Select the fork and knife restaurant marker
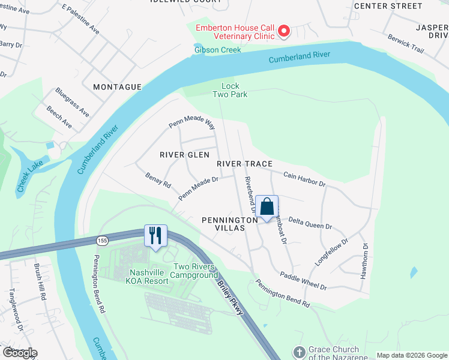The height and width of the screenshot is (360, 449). click(x=155, y=235)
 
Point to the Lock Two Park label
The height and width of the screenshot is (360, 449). click(x=226, y=90)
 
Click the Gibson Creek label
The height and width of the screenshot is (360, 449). click(x=217, y=50)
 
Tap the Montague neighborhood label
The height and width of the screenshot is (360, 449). click(x=118, y=87)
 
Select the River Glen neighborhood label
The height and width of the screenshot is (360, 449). click(x=184, y=155)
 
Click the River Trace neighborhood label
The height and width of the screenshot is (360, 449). click(x=245, y=164)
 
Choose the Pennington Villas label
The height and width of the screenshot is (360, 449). click(x=223, y=224)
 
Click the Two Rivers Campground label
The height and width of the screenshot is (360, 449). click(x=195, y=271)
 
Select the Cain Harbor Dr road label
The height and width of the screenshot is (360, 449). click(x=304, y=178)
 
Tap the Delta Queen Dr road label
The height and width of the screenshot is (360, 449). click(x=310, y=223)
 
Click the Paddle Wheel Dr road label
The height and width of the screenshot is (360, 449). click(x=303, y=281)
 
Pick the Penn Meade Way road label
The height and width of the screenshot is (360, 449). click(x=191, y=123)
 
